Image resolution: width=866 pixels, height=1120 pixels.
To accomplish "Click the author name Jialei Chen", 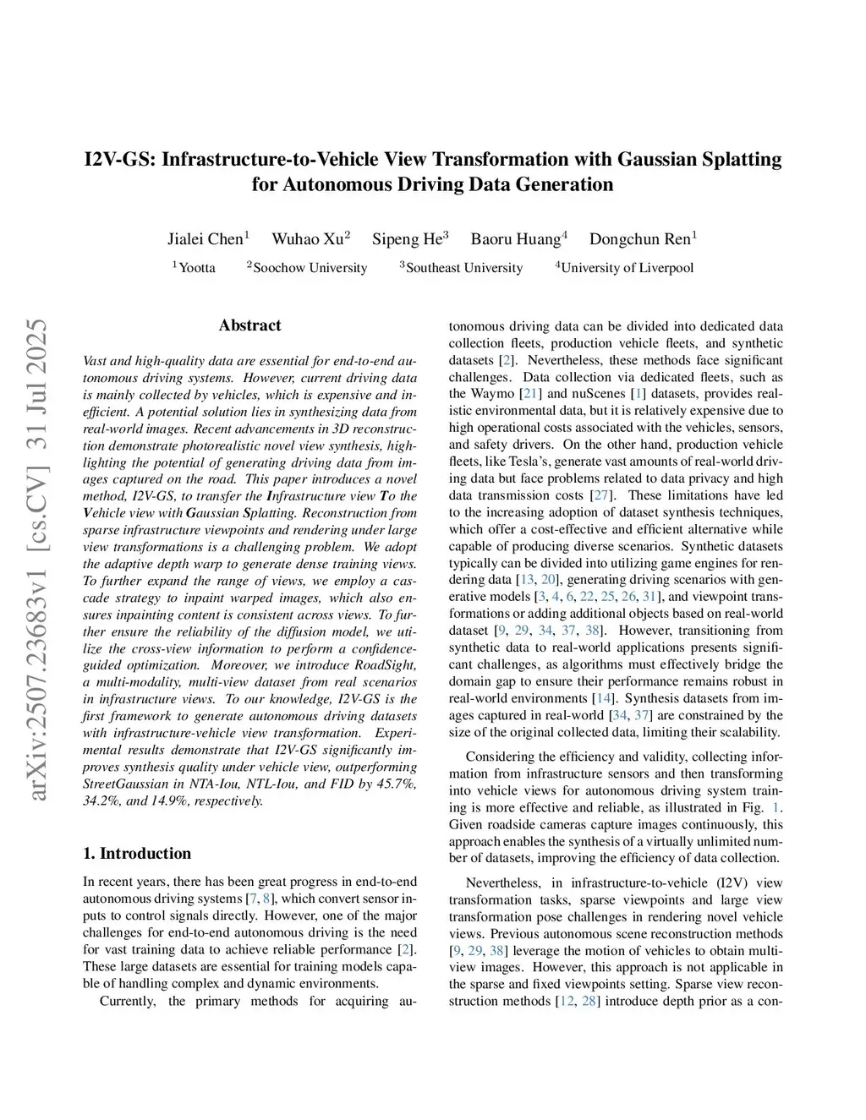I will coord(205,239).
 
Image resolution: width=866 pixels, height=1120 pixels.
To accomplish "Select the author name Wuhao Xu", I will coord(308,239).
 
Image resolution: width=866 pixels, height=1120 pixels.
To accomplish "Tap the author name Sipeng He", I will coord(408,239).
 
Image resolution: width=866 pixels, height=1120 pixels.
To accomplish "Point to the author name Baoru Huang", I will coord(516,239).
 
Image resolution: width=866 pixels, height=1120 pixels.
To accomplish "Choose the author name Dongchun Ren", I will coord(640,239).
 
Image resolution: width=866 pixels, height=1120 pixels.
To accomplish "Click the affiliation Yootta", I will coord(197,268).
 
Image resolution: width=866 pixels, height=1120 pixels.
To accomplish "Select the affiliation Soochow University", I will coord(310,268).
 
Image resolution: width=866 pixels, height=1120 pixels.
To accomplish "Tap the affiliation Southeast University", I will coord(463,268).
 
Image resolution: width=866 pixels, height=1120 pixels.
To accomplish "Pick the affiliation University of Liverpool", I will coord(627,268).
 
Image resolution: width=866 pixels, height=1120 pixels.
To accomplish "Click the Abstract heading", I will coord(249,325).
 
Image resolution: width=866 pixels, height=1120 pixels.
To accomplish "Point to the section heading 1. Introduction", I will coord(137,853).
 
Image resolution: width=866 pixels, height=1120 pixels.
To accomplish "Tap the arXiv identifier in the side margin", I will coord(37,558).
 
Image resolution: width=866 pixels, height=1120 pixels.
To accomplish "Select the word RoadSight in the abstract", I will coord(385,665).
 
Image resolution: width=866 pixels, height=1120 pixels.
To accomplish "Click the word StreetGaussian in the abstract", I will coord(124,784).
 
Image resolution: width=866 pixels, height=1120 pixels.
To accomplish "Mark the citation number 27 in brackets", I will coord(600,495).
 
